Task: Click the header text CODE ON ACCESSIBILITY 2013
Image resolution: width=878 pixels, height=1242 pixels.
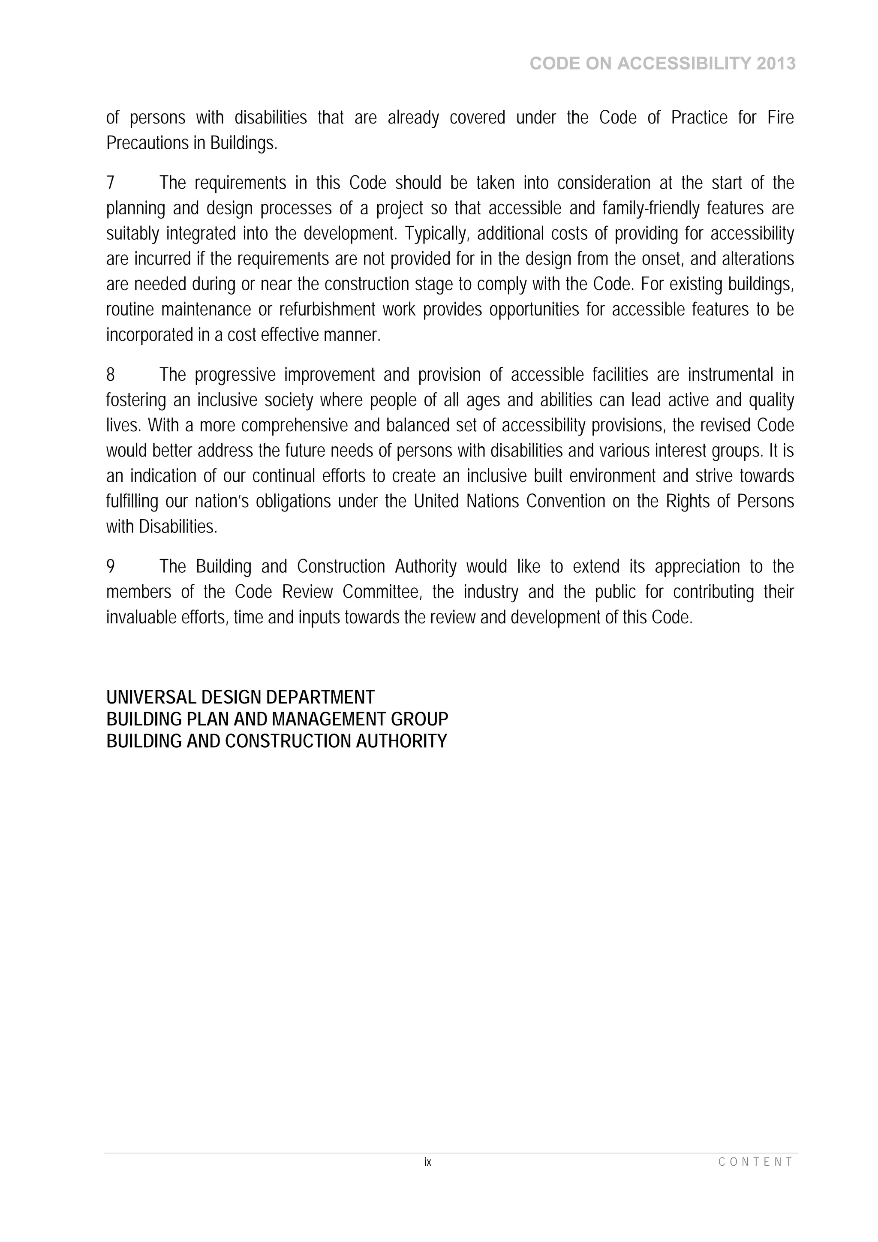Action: click(662, 64)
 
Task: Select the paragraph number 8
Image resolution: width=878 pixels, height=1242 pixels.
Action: click(110, 375)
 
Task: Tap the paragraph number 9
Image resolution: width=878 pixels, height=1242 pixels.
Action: click(110, 567)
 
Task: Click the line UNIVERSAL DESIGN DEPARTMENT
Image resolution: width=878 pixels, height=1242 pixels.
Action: click(240, 697)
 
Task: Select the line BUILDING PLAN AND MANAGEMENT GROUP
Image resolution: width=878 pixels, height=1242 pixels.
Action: click(277, 719)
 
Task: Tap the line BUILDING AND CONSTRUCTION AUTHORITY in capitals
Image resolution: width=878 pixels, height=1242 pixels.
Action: click(277, 741)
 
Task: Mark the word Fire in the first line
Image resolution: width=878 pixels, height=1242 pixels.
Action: click(780, 118)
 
